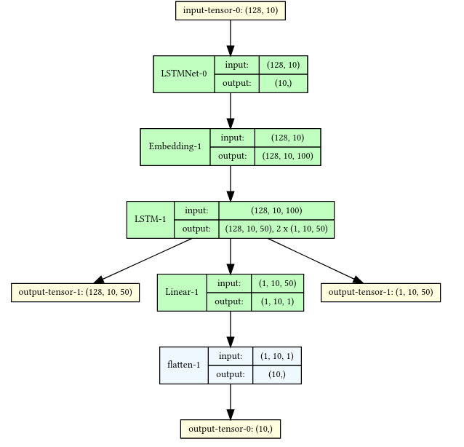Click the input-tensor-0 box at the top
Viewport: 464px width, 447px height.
[x=231, y=10]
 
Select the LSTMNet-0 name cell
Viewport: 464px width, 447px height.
[x=183, y=74]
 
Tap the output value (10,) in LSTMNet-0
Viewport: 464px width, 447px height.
[x=283, y=84]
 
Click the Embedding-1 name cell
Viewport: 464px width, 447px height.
[x=175, y=146]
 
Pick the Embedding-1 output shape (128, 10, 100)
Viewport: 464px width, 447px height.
[x=287, y=156]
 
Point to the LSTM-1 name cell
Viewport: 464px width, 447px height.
[x=151, y=219]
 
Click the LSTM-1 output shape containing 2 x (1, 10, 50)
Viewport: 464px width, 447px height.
[x=276, y=229]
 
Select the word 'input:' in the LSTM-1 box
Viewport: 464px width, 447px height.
[x=196, y=210]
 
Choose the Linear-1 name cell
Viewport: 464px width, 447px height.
[x=182, y=292]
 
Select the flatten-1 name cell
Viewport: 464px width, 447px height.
[x=183, y=365]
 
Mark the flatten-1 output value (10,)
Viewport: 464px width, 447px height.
[x=276, y=374]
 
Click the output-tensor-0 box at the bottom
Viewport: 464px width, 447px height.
[x=231, y=428]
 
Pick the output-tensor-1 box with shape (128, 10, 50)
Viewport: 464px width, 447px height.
[x=75, y=292]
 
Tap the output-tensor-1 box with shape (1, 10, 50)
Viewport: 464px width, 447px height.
[x=380, y=292]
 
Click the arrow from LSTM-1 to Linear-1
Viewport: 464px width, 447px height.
[x=231, y=256]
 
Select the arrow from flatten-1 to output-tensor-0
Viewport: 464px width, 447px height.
[x=231, y=401]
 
